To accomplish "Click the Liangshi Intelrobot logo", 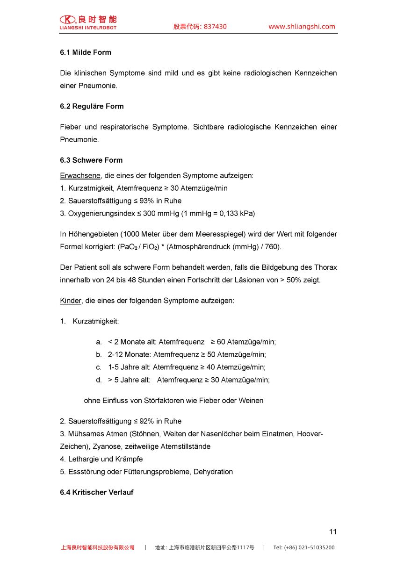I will (x=88, y=22).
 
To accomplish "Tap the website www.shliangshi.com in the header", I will (x=302, y=27).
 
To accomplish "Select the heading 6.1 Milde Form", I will (x=86, y=52).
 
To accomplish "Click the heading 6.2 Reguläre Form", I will (x=92, y=106).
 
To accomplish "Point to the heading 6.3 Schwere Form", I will (x=91, y=160).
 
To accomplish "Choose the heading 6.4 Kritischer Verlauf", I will (x=96, y=492).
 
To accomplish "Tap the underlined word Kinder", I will (x=71, y=301).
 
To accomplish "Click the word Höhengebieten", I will (x=90, y=234).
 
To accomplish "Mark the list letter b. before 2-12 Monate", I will (x=99, y=355).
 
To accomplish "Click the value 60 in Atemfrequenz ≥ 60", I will (x=221, y=342).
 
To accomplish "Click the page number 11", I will (x=332, y=532).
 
